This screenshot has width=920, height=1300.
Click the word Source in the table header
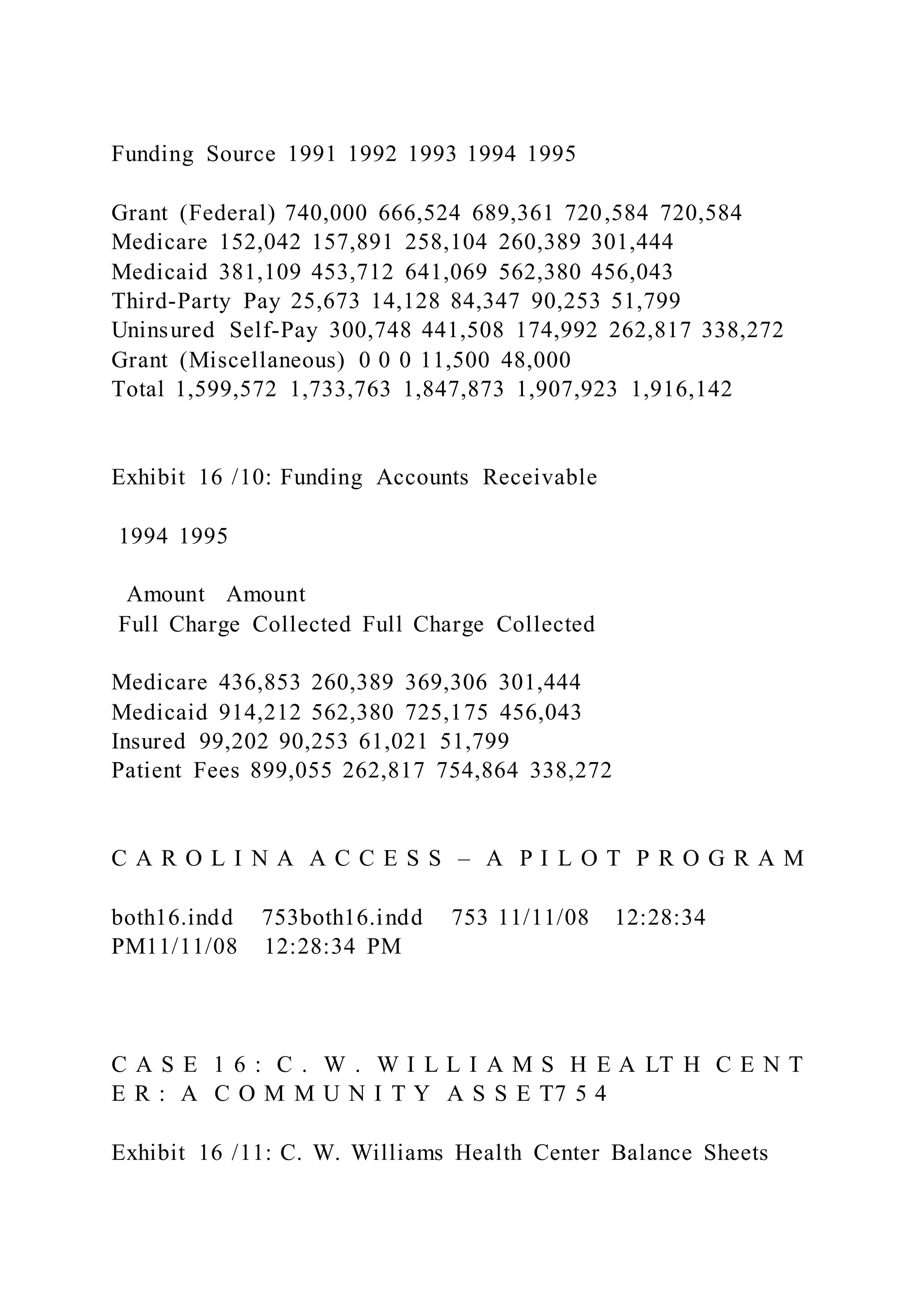pyautogui.click(x=241, y=154)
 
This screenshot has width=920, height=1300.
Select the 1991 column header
pyautogui.click(x=312, y=154)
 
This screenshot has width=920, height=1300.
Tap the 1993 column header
pyautogui.click(x=432, y=154)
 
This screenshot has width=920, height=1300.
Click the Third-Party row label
pyautogui.click(x=171, y=301)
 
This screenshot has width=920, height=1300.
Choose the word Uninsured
pyautogui.click(x=163, y=330)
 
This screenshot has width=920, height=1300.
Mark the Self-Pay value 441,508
pyautogui.click(x=462, y=330)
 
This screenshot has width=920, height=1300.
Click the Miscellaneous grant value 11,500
pyautogui.click(x=456, y=360)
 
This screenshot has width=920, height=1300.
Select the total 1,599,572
pyautogui.click(x=226, y=390)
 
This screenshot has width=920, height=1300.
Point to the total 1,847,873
pyautogui.click(x=453, y=390)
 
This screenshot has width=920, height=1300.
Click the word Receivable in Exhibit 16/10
pyautogui.click(x=540, y=477)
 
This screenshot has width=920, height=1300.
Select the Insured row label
pyautogui.click(x=148, y=741)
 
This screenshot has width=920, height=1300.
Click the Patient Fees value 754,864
pyautogui.click(x=477, y=771)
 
